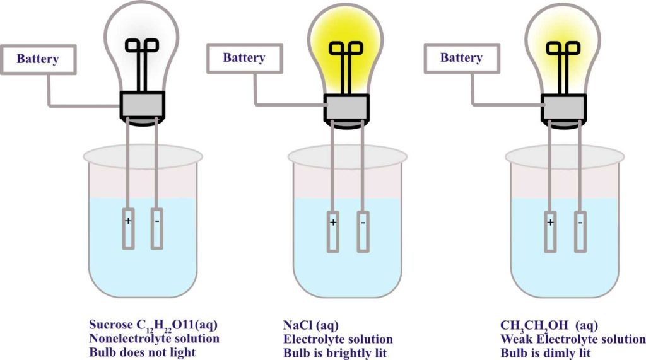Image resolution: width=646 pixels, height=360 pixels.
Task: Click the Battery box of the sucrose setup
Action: click(38, 59)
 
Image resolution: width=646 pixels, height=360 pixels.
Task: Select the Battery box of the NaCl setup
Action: click(244, 58)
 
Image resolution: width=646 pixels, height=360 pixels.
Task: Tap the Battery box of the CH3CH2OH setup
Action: click(461, 58)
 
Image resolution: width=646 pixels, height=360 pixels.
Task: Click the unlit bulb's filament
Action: click(142, 47)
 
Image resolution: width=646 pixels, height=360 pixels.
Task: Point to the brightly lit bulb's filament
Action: click(346, 50)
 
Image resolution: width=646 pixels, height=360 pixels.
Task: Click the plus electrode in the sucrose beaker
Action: click(129, 228)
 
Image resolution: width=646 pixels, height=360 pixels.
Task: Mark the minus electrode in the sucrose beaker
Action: click(156, 228)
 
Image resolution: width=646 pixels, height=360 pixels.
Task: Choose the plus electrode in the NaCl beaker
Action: click(333, 230)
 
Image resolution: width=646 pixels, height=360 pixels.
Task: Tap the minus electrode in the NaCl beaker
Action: click(362, 230)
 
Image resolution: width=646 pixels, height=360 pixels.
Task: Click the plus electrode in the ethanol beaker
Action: click(551, 230)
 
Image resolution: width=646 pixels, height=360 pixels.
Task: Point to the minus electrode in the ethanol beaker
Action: click(580, 230)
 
